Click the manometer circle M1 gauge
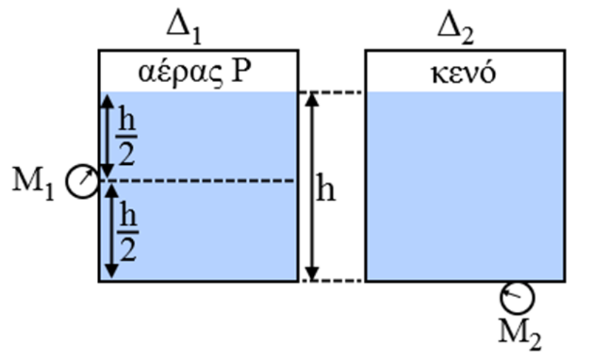click(82, 181)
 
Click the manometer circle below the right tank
click(516, 297)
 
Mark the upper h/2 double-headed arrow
click(107, 137)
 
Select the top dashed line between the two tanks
click(331, 93)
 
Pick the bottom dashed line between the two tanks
click(331, 281)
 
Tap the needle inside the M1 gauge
click(85, 178)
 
